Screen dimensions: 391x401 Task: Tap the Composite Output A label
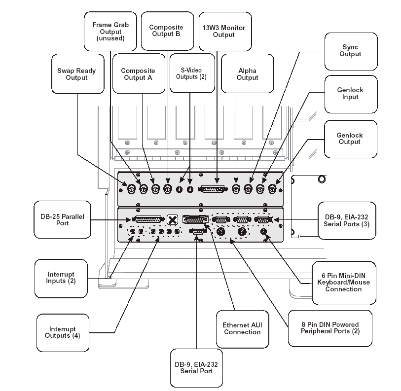(x=138, y=74)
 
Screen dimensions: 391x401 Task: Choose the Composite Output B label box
(x=166, y=31)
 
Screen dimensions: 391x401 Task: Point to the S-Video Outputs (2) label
(x=191, y=73)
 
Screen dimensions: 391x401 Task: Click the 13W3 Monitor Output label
(x=224, y=31)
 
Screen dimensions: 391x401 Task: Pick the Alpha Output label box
(x=247, y=74)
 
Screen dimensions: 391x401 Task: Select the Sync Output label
(x=350, y=51)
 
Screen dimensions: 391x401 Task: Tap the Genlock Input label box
(x=350, y=94)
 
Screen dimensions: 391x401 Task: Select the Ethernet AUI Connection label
(x=242, y=328)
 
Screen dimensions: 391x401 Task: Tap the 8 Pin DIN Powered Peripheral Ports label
(x=330, y=328)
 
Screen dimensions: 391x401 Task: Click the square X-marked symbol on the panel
(x=172, y=219)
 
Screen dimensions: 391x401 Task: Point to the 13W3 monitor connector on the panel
(x=215, y=189)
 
